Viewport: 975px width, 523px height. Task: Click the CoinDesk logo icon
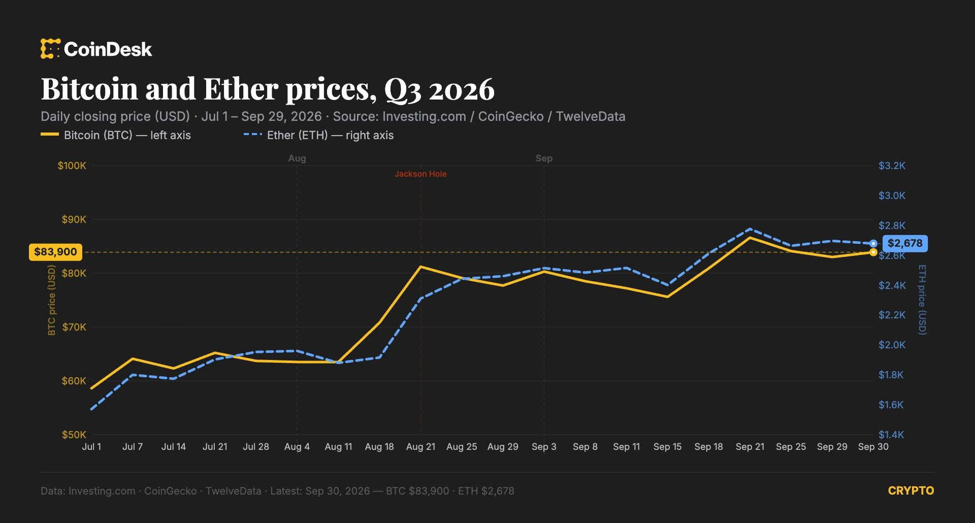[x=50, y=49]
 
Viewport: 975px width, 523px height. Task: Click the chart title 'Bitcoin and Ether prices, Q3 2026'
[x=268, y=89]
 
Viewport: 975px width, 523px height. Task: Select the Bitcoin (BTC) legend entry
[x=116, y=135]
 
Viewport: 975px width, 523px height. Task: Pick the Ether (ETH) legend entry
[x=318, y=135]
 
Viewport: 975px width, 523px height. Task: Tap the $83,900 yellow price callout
[x=55, y=252]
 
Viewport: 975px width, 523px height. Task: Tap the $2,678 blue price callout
[x=905, y=243]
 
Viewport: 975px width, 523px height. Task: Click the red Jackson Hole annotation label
[x=420, y=174]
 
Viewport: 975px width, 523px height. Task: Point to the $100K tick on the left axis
[x=72, y=166]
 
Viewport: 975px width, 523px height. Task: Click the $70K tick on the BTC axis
[x=74, y=327]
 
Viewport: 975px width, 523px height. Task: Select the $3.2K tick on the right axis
[x=892, y=166]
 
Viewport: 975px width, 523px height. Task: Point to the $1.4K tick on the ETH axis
[x=891, y=435]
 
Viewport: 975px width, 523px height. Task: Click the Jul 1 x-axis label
[x=91, y=447]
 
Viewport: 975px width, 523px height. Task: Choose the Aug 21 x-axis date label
[x=420, y=447]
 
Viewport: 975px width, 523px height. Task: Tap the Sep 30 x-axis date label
[x=873, y=447]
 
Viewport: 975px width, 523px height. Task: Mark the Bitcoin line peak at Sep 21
[x=750, y=237]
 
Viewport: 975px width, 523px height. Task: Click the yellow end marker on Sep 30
[x=873, y=252]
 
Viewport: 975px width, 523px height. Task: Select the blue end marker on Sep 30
[x=873, y=244]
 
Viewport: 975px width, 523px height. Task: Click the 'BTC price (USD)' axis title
[x=51, y=300]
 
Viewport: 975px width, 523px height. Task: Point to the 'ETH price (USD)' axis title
[x=922, y=300]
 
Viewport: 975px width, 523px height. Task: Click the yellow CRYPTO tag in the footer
[x=911, y=491]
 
